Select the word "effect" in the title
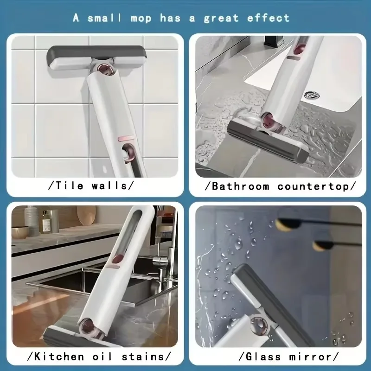point(269,18)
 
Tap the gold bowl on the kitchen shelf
point(21,232)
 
